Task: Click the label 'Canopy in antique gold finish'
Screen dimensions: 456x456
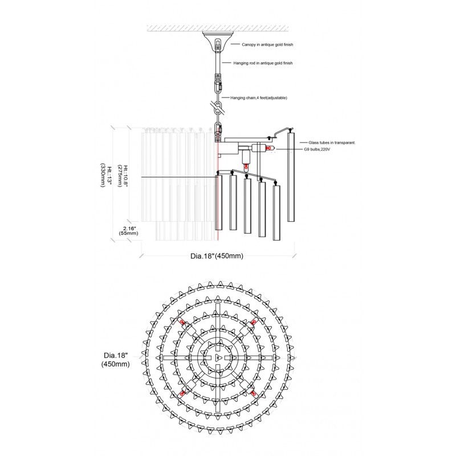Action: (267, 44)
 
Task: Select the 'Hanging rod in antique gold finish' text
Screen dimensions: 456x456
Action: (263, 63)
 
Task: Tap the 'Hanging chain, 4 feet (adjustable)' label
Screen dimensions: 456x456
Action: (259, 97)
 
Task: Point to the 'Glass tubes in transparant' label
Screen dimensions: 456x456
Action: (332, 143)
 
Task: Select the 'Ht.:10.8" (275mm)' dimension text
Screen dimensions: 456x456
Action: (123, 176)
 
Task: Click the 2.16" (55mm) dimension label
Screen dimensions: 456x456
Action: (128, 231)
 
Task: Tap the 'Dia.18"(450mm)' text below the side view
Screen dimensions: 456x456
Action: (217, 256)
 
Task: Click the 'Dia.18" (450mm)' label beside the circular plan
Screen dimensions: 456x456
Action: (116, 360)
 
